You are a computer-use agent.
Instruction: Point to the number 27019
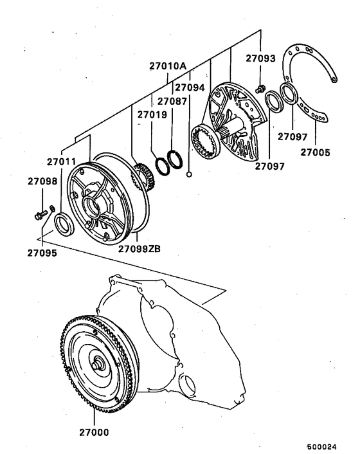point(152,114)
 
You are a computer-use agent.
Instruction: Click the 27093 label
point(260,59)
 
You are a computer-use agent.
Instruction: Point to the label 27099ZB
point(138,248)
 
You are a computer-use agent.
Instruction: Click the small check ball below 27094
point(190,174)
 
